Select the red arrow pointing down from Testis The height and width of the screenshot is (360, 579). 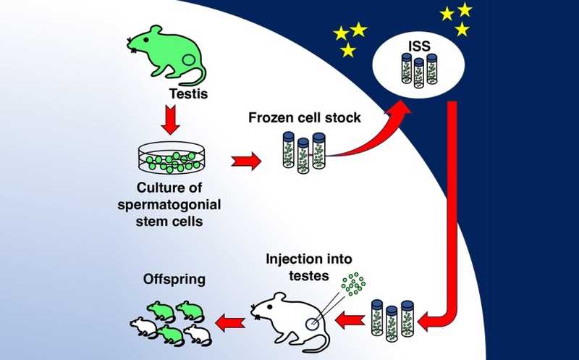click(169, 119)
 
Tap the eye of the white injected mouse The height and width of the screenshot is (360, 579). click(266, 303)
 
